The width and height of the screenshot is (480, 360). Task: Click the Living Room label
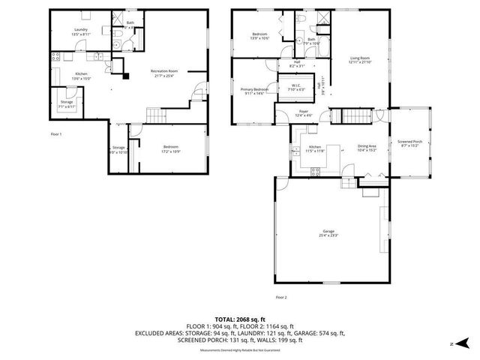(361, 60)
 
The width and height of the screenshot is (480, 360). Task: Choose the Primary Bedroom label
(253, 91)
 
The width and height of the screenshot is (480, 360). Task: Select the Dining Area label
(367, 148)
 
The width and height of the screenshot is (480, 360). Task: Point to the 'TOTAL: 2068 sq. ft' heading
(239, 319)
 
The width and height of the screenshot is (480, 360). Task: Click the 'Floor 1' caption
(56, 133)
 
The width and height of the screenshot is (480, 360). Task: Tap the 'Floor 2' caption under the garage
(281, 298)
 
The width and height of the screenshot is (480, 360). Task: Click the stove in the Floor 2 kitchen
(316, 171)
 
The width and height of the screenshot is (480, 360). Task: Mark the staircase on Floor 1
(155, 115)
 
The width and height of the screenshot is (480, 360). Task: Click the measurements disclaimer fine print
(239, 350)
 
